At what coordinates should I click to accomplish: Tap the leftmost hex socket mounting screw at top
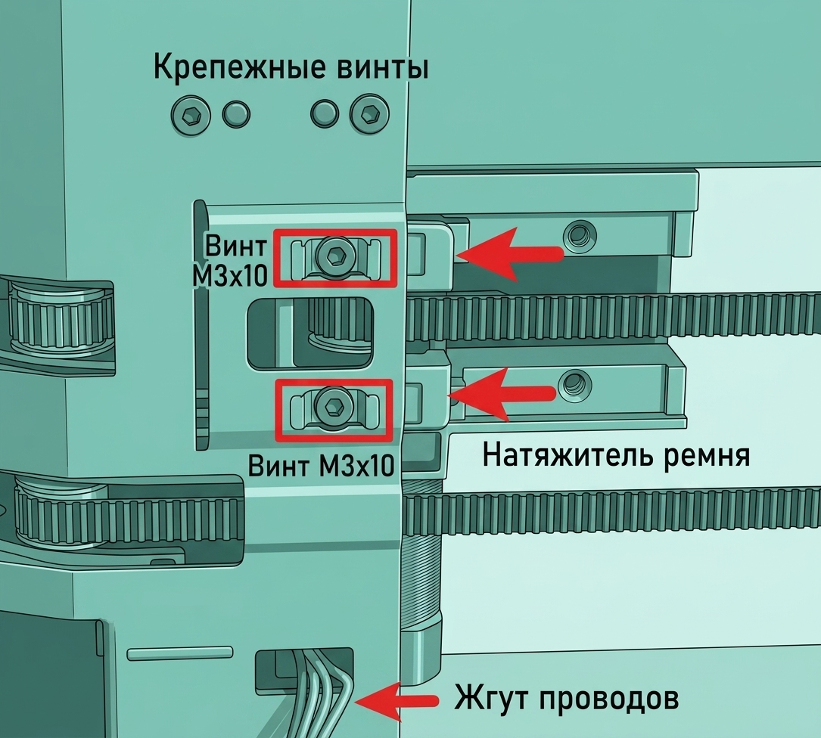[x=191, y=115]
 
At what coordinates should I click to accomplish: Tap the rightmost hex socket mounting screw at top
[x=370, y=115]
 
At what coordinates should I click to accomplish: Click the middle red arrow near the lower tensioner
[x=502, y=394]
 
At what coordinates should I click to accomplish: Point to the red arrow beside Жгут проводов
[x=397, y=701]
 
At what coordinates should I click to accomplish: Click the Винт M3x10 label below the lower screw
[x=320, y=464]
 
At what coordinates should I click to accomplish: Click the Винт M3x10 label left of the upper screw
[x=230, y=260]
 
